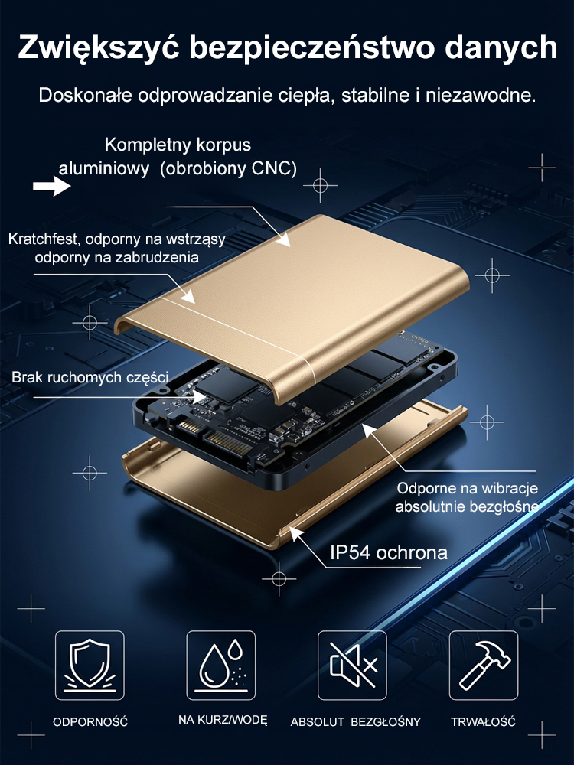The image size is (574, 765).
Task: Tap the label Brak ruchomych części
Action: pos(90,376)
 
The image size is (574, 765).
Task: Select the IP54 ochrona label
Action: pos(388,552)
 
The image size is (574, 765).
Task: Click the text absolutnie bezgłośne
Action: pos(467,506)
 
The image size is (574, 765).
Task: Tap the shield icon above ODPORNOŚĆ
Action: pos(90,665)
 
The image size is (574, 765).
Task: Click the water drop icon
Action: pos(220,665)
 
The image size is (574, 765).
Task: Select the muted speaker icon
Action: pos(352,665)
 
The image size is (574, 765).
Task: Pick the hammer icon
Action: pos(483,665)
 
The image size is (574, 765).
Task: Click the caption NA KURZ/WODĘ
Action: pos(222,721)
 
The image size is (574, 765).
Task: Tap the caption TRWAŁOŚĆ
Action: pos(483,721)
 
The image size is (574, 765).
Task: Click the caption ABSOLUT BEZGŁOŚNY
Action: pos(355,721)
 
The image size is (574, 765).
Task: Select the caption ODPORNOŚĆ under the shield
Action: pos(90,721)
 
